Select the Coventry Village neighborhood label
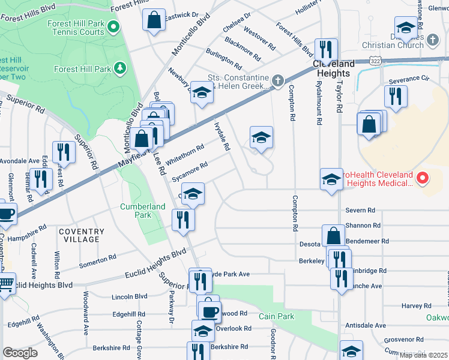coord(82,235)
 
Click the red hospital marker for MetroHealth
coord(423,178)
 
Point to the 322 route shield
coord(375,61)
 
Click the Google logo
coord(20,353)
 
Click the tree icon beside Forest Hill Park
coord(120,68)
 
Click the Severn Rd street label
coord(360,211)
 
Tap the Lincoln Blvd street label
coord(129,296)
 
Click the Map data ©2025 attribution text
coord(423,355)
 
